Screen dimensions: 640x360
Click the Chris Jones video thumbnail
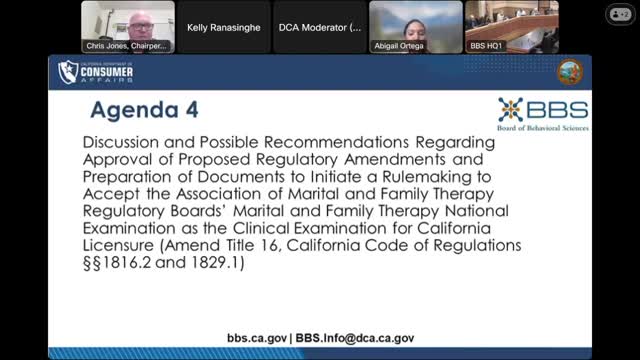coord(128,27)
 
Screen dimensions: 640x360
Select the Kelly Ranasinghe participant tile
coord(224,27)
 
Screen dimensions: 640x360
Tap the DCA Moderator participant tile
coord(320,27)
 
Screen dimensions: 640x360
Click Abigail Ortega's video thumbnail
coord(416,27)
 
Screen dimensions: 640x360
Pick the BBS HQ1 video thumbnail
coord(512,27)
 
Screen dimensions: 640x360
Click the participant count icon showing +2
coord(620,14)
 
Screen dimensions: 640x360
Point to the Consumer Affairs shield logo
coord(67,72)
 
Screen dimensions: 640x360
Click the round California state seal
coord(570,72)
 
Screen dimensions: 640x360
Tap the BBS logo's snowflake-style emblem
coord(510,109)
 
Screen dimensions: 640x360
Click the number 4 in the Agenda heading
coord(192,110)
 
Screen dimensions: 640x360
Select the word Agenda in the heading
coord(134,111)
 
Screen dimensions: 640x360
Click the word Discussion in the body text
coord(121,142)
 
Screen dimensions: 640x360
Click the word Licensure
coord(119,245)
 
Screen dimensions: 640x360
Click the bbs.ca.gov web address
coord(257,338)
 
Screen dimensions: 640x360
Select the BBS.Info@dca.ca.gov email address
coord(355,338)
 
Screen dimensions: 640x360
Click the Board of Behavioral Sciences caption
coord(543,128)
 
